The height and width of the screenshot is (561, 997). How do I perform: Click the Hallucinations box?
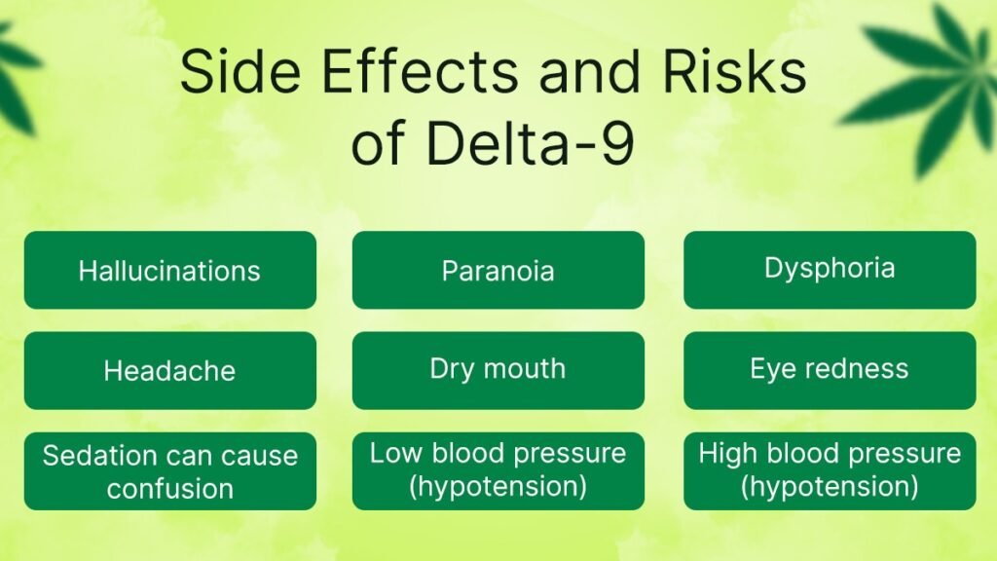click(169, 270)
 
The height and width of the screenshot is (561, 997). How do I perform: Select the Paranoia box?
click(498, 270)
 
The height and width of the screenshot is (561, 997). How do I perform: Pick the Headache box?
click(169, 370)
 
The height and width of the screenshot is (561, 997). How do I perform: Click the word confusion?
click(170, 487)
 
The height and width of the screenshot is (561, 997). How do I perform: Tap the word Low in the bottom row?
click(391, 453)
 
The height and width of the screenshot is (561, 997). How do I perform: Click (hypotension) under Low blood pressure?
click(498, 484)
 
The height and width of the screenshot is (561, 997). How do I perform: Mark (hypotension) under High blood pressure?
click(830, 484)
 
